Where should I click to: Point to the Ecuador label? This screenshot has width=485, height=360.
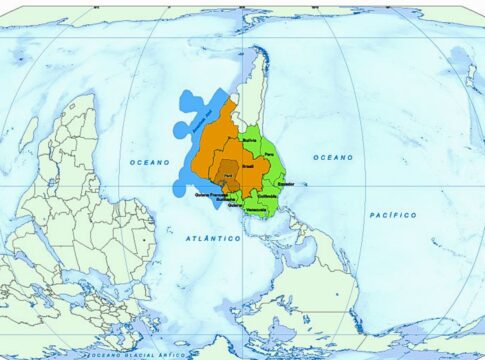tap(285, 185)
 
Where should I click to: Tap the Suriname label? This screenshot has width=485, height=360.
tap(226, 199)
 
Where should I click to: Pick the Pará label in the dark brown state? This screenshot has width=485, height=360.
tap(229, 175)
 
